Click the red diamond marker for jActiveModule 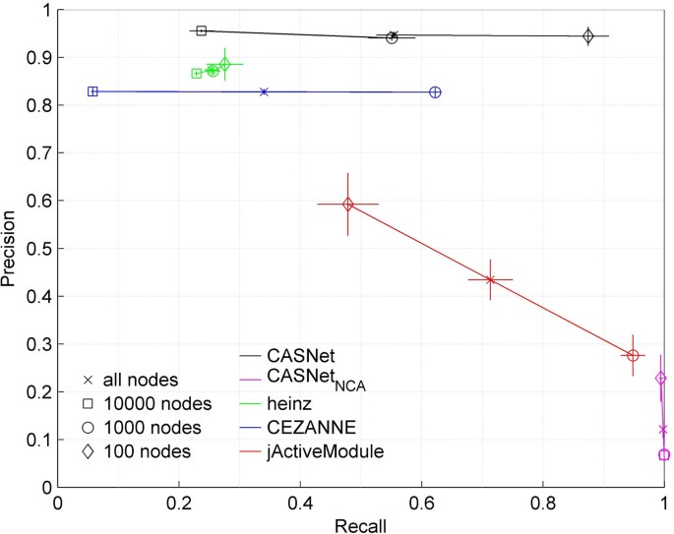[347, 205]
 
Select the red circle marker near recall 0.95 [633, 355]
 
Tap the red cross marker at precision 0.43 [490, 279]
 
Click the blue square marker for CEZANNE [92, 91]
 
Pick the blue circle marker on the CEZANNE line [435, 91]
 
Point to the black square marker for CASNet [202, 30]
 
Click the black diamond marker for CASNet [588, 36]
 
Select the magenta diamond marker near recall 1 [661, 378]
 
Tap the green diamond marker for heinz [224, 65]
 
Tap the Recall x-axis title [360, 524]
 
